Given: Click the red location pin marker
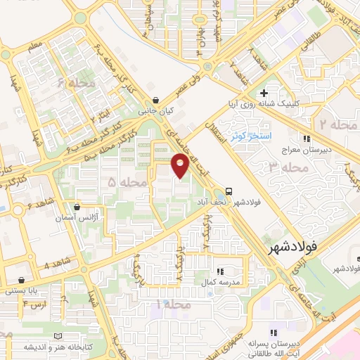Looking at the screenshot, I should click(x=180, y=165).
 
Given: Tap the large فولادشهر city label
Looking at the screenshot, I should click(x=292, y=248).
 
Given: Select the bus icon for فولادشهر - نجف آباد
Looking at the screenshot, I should click(x=230, y=192).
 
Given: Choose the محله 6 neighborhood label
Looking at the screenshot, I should click(x=76, y=84).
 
